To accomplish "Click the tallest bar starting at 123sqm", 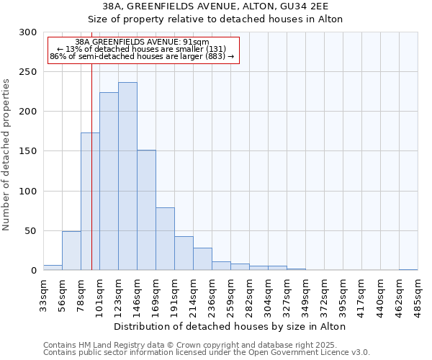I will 127,176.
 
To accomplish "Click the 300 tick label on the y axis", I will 29,32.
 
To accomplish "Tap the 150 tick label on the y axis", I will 29,152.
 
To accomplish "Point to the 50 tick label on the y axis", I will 32,231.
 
